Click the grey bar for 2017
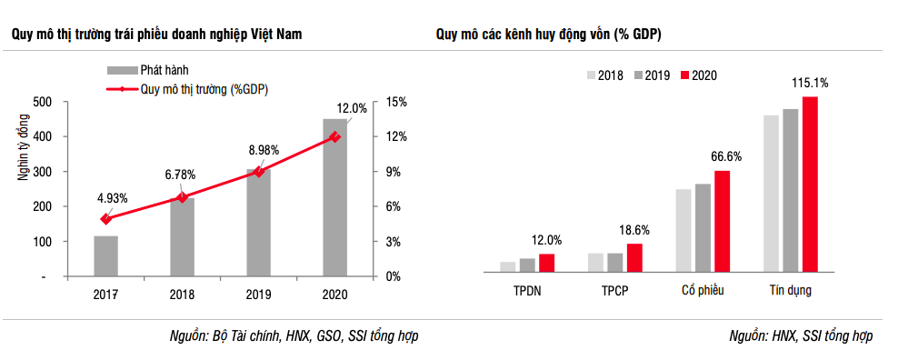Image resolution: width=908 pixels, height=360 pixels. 106,255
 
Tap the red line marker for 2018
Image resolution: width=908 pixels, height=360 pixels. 183,196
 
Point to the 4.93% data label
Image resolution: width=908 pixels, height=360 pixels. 113,198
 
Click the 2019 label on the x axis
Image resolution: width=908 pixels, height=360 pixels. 259,294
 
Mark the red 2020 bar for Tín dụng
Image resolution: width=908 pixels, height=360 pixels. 810,184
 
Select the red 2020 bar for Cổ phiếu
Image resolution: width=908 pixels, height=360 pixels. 722,221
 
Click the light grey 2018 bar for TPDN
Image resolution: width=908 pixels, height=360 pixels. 507,266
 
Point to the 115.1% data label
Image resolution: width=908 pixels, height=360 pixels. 810,83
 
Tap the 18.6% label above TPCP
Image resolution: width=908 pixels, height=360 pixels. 634,230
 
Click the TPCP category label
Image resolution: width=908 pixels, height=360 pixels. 615,291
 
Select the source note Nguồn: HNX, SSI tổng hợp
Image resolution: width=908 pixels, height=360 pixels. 801,335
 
